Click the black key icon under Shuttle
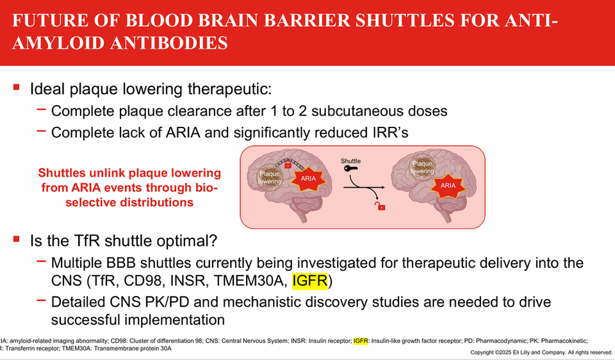[x=350, y=168]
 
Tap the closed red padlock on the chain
[x=288, y=165]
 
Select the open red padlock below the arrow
[x=380, y=206]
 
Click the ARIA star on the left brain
[x=308, y=179]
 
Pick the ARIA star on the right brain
[x=448, y=186]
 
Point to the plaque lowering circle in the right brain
[x=422, y=167]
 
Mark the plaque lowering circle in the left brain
[x=270, y=177]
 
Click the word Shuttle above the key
[x=350, y=161]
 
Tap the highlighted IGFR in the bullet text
[x=310, y=281]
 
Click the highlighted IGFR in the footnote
[x=361, y=341]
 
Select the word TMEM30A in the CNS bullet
[x=249, y=281]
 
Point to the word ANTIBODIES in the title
[x=169, y=43]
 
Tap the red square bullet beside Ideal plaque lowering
[x=17, y=86]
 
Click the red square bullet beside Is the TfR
[x=17, y=239]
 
